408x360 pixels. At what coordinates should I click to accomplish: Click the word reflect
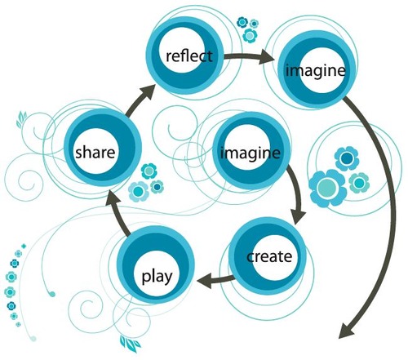(x=188, y=56)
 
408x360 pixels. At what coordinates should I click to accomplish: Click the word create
(x=268, y=256)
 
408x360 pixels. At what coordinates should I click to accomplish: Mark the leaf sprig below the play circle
(x=128, y=340)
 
